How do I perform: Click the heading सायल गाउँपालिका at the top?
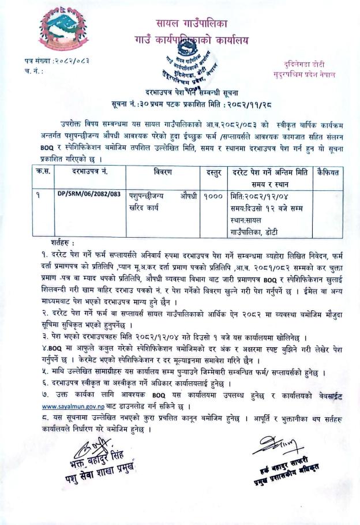point(193,24)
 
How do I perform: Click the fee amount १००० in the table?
point(213,197)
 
